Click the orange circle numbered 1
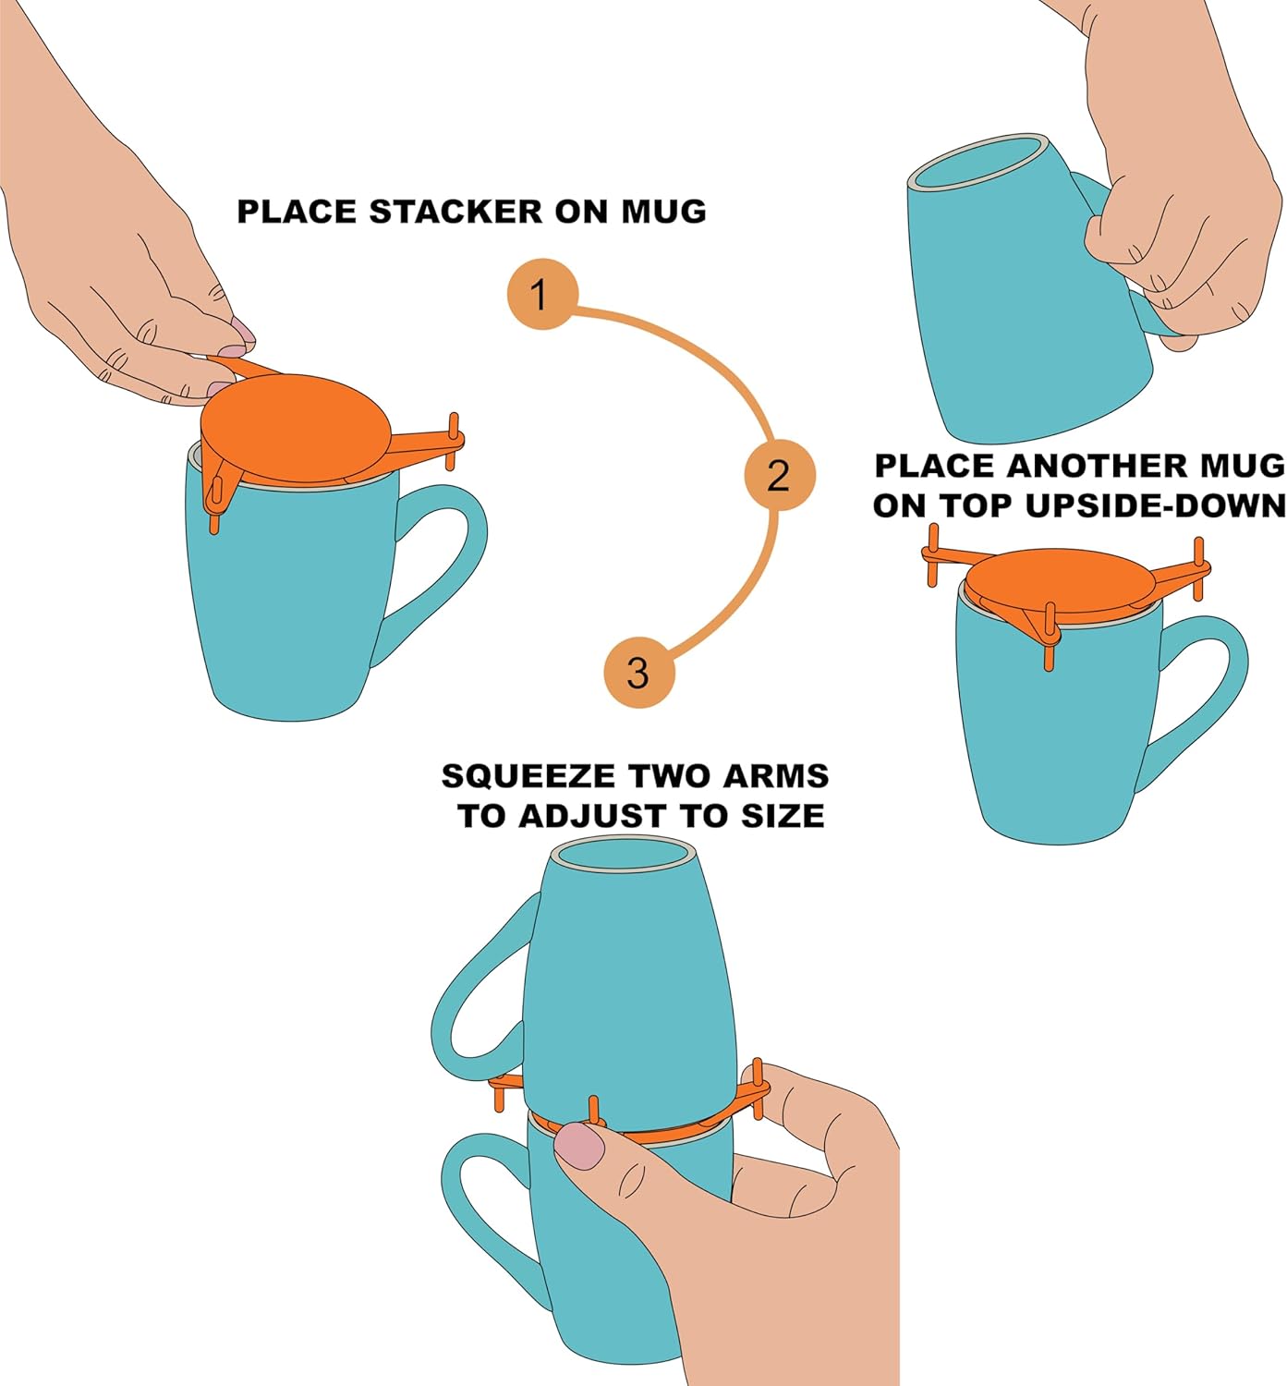coord(542,295)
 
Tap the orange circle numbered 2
coord(780,475)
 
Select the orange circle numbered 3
coord(638,672)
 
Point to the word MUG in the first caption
coord(662,212)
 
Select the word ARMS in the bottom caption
coord(775,776)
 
